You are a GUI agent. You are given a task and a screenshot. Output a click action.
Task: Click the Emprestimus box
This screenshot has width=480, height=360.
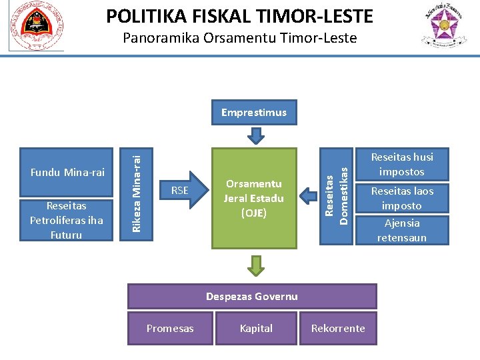254,113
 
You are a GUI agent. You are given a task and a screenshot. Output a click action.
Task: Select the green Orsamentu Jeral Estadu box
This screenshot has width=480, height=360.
254,198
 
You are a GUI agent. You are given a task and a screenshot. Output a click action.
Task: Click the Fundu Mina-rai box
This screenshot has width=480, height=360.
67,173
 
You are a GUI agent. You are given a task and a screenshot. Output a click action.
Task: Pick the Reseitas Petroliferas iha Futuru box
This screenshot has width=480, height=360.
67,220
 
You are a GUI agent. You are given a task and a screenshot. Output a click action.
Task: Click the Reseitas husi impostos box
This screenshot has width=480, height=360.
402,164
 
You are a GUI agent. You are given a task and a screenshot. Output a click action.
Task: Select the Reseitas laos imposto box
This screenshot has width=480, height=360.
402,198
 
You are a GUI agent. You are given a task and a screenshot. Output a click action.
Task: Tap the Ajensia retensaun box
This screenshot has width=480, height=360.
402,230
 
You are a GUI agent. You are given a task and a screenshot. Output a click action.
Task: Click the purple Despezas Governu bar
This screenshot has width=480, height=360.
252,296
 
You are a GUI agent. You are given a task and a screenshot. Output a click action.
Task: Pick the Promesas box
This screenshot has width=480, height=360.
170,328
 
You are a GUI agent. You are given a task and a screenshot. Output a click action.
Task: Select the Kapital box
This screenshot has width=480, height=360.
256,328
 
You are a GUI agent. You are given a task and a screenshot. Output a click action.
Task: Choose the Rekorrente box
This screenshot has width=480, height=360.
338,328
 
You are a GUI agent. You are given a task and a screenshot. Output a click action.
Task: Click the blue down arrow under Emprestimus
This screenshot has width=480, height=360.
255,136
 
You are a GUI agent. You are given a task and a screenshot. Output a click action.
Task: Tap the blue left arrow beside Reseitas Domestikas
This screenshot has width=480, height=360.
309,195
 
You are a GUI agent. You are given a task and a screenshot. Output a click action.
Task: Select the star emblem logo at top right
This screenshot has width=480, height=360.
443,27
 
